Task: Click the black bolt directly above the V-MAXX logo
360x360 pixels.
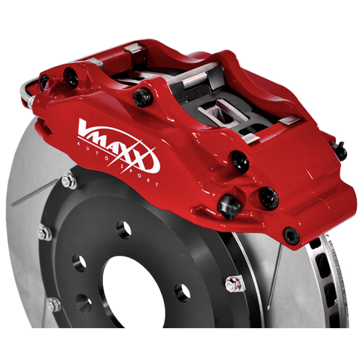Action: (142, 98)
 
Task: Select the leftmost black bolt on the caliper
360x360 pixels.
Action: (44, 82)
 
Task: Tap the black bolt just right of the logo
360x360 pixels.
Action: (241, 161)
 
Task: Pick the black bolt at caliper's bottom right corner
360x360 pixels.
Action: (292, 235)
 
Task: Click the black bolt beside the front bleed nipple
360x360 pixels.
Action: (268, 198)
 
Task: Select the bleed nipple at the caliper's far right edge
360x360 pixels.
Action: (340, 150)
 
